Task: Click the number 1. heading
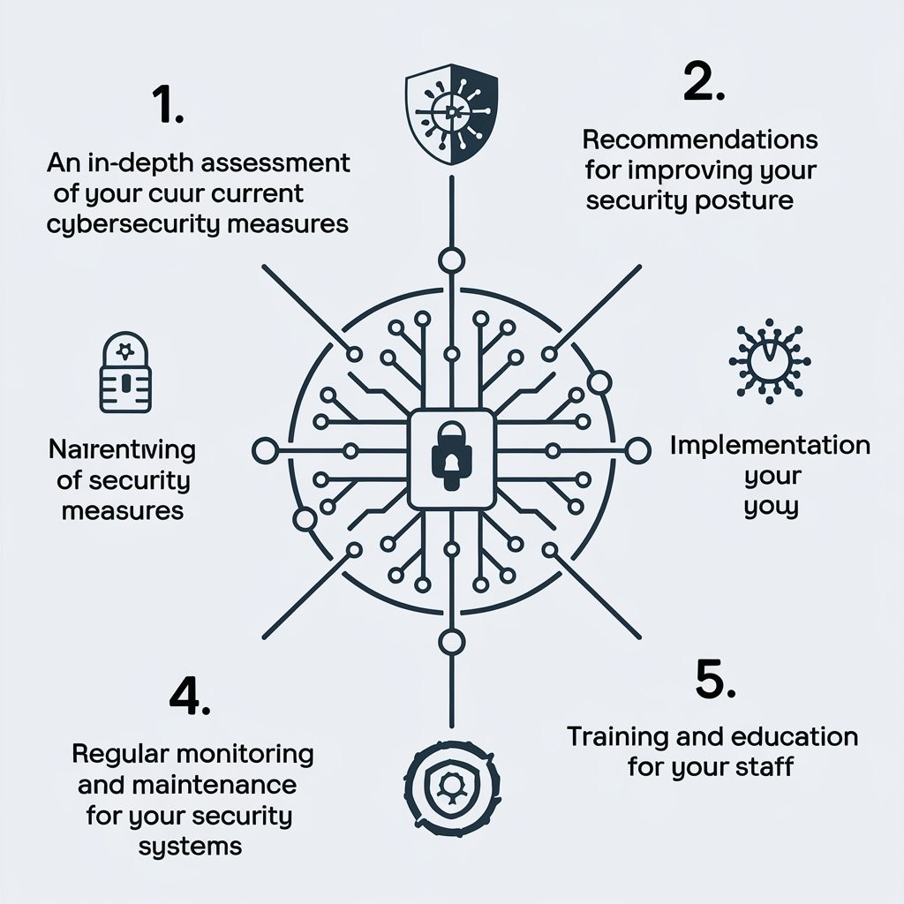169,106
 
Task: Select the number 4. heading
189,698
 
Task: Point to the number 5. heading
715,681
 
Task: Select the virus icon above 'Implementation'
769,362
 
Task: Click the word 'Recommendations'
700,139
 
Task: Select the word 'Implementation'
770,444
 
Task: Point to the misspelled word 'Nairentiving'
119,450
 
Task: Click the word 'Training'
623,735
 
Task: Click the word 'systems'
190,846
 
